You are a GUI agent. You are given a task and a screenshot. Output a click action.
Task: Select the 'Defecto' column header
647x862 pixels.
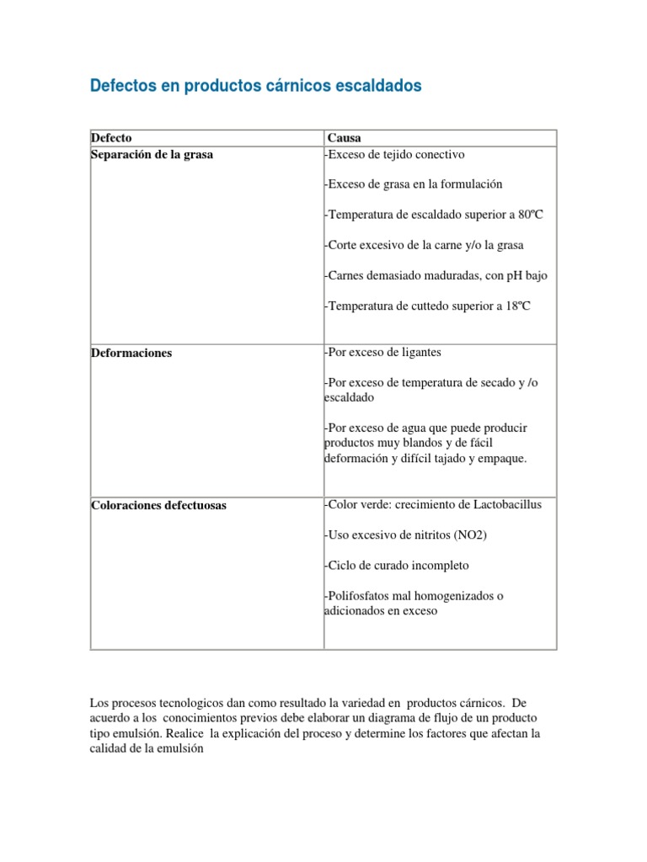[x=110, y=138]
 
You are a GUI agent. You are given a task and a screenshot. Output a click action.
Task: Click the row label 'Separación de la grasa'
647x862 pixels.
[x=152, y=155]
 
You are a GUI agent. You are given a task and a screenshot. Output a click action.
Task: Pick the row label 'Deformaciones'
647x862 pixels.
[x=131, y=353]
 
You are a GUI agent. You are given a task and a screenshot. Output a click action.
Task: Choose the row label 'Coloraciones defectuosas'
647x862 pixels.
[x=158, y=506]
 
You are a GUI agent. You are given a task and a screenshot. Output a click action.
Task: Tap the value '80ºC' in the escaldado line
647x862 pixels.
[x=531, y=215]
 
